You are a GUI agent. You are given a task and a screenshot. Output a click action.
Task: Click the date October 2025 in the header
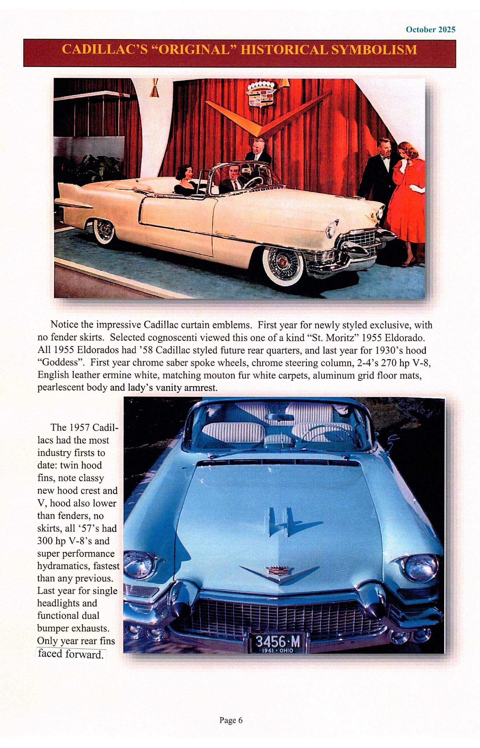[430, 30]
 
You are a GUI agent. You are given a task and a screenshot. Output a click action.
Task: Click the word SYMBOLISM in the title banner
[374, 50]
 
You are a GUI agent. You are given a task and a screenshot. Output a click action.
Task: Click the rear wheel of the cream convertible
[104, 232]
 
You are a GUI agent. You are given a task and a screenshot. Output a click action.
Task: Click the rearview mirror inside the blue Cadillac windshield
[279, 417]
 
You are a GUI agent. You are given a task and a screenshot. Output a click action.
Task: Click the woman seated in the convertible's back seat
[185, 180]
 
